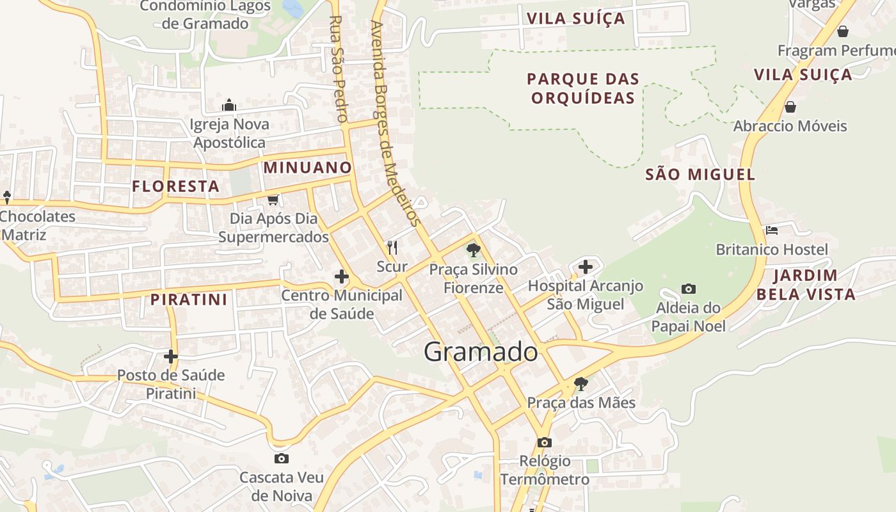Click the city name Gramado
pos(481,352)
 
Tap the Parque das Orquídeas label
pos(583,88)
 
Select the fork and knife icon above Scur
pos(392,247)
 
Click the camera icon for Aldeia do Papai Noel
pos(689,289)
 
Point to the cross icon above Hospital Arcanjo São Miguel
pos(585,267)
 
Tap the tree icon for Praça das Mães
pos(581,383)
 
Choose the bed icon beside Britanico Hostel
pos(772,230)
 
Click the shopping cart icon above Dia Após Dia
pos(273,200)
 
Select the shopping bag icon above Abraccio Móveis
pos(790,106)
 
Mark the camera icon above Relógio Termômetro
pos(545,442)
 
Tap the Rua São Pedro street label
pos(337,68)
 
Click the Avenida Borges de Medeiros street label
pos(394,124)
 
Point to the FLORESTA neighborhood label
pos(175,186)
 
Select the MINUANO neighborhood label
pos(308,168)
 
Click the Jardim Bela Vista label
pos(814,285)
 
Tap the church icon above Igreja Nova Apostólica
pos(229,106)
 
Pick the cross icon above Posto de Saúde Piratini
pos(171,356)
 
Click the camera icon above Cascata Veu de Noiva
pos(281,458)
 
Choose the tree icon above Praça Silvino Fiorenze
pos(474,250)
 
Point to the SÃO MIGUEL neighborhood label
pos(700,174)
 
